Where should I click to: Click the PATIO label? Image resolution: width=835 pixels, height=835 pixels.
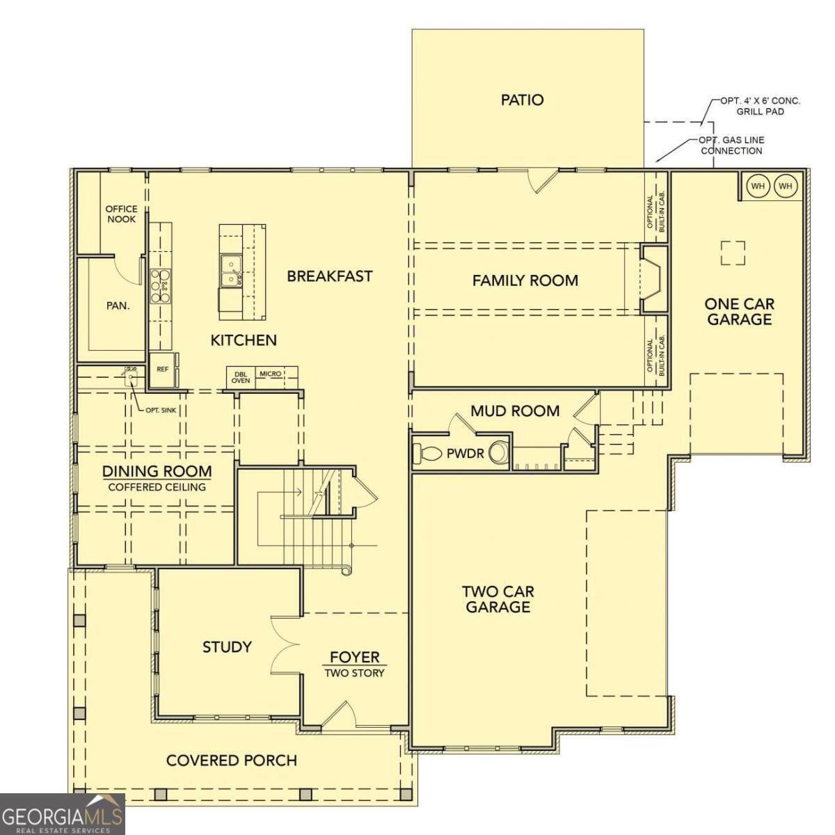[x=522, y=100]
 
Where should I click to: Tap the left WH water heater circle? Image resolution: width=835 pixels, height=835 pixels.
[x=758, y=186]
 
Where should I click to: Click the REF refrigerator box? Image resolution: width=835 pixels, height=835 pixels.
[x=163, y=369]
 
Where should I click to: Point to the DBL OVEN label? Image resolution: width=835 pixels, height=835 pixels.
[x=241, y=377]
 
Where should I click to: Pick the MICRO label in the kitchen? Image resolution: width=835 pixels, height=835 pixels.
[x=271, y=374]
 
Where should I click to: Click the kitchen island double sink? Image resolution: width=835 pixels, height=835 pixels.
[x=232, y=271]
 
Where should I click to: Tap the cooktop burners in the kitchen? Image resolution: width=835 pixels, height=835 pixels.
[x=161, y=285]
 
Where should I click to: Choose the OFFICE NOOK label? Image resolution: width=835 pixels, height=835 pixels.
[x=121, y=214]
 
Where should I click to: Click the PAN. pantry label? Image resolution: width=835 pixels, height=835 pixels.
[x=118, y=306]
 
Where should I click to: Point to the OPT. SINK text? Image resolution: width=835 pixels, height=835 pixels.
[x=161, y=410]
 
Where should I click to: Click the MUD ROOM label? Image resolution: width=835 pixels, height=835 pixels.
[x=515, y=411]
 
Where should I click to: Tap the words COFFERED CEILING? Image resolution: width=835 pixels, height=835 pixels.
[x=157, y=487]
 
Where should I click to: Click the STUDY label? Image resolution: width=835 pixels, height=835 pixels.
[x=227, y=647]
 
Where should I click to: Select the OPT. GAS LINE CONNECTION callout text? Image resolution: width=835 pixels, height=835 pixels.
[x=731, y=145]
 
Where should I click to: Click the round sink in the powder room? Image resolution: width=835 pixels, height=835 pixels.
[x=498, y=453]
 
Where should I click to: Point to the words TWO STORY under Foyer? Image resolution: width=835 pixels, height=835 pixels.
[x=354, y=673]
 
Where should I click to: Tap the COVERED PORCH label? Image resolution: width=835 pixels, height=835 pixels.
[x=232, y=761]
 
